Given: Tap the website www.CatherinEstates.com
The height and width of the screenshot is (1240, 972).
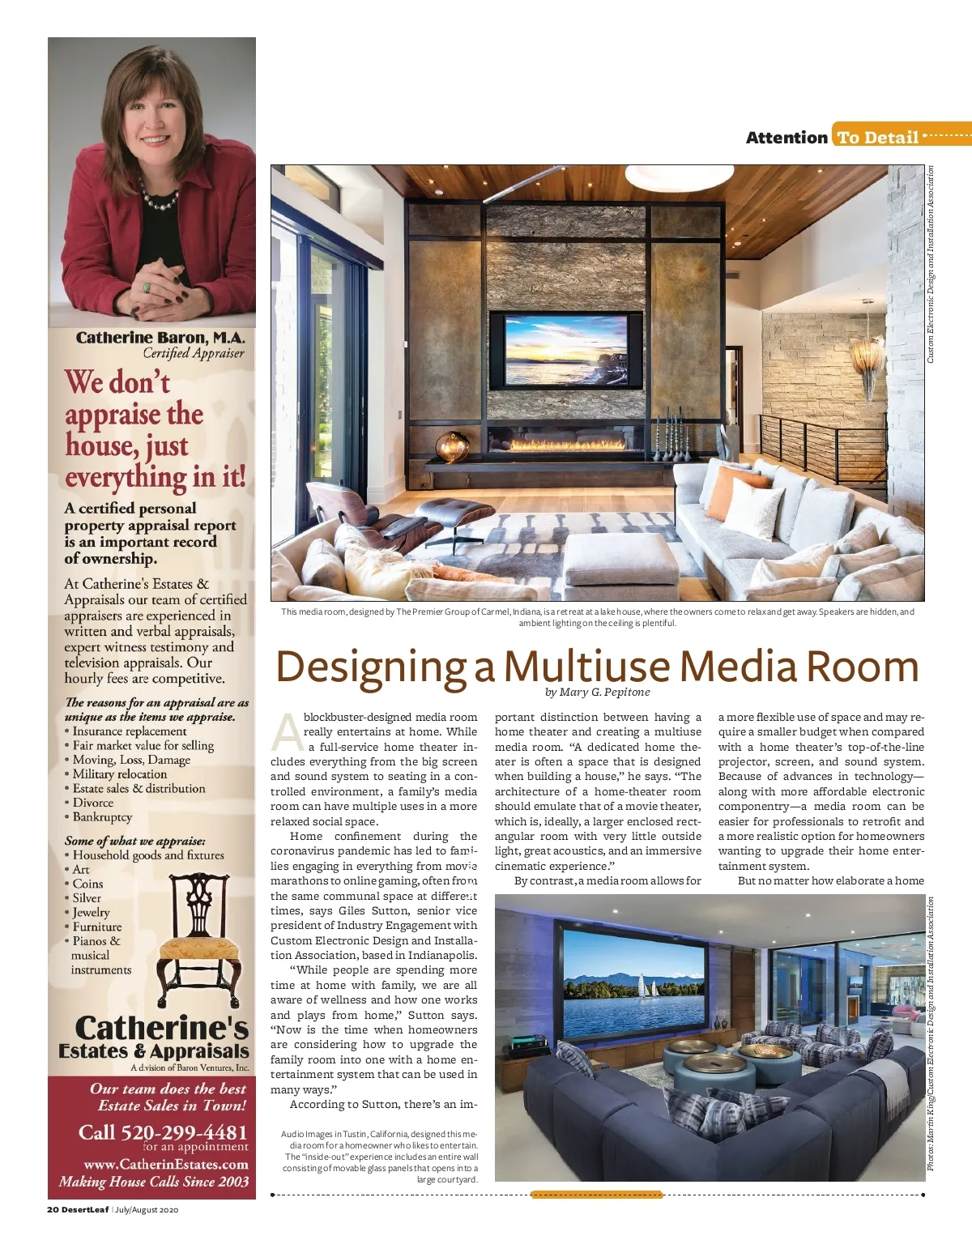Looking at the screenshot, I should tap(166, 1165).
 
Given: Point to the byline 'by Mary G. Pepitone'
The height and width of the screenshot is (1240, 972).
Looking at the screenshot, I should tap(598, 692).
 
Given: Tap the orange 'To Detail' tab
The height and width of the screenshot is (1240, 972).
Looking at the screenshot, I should tap(878, 138).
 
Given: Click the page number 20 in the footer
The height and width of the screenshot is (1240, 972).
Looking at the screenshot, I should tap(52, 1210).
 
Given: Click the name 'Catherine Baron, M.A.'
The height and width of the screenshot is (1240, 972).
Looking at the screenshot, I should tap(160, 338).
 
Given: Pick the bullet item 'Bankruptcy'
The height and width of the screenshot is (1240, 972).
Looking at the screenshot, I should tap(102, 816).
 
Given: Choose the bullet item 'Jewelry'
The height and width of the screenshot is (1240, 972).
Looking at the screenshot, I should tap(91, 912).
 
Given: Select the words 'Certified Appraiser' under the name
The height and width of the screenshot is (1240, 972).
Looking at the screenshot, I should tap(193, 353).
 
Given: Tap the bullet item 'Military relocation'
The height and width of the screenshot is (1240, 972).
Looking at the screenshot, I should tap(119, 773).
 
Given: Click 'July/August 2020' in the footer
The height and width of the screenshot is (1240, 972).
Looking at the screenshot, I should tap(147, 1210).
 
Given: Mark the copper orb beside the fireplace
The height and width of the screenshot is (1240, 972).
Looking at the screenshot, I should tap(453, 446).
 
